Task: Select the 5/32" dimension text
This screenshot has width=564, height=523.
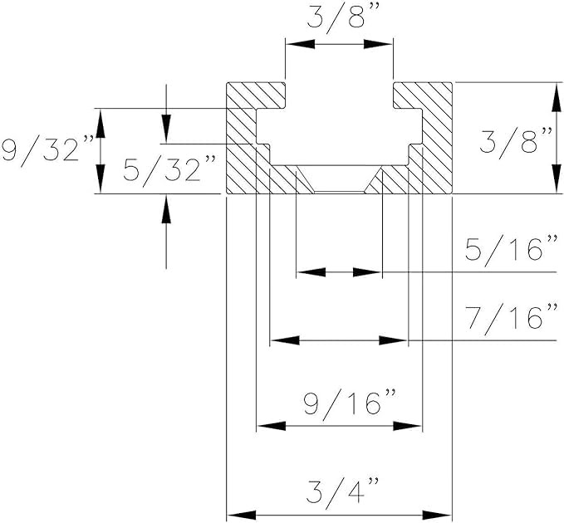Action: [170, 170]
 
